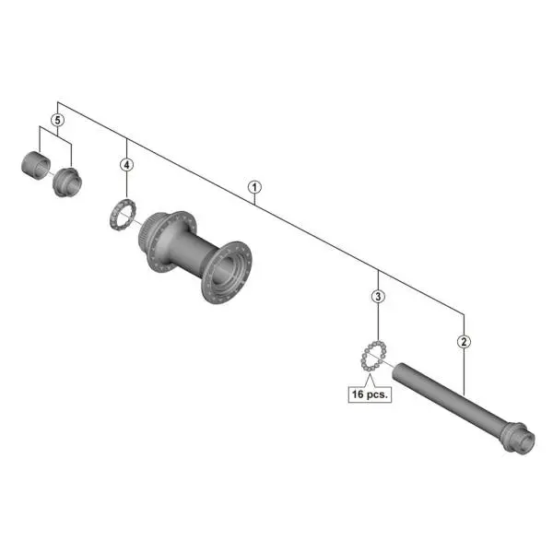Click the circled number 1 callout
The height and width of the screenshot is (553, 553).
254,187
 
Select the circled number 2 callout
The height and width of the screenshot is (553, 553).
464,341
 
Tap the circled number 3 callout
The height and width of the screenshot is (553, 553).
378,296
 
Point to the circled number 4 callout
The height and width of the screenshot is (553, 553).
126,165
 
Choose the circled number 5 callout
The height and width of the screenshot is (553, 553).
57,120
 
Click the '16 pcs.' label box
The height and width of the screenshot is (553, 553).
370,394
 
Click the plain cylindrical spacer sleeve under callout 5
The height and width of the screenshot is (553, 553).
36,166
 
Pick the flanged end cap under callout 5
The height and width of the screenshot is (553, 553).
67,182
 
